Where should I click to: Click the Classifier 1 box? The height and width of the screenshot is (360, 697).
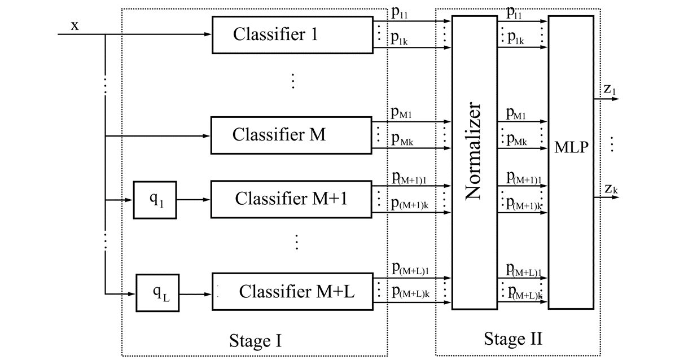(x=292, y=35)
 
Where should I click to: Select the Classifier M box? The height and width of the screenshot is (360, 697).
(x=291, y=135)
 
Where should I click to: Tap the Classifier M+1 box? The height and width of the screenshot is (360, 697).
(x=291, y=199)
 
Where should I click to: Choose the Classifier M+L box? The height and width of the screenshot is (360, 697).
(x=292, y=292)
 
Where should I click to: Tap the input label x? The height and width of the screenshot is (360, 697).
(x=74, y=25)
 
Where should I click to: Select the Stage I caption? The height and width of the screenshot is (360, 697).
(x=255, y=341)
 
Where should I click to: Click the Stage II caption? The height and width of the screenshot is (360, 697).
(x=513, y=339)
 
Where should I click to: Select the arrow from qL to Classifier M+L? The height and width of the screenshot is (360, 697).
(x=195, y=293)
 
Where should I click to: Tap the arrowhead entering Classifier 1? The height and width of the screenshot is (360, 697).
(x=208, y=35)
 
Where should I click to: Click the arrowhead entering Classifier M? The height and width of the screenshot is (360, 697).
(x=207, y=135)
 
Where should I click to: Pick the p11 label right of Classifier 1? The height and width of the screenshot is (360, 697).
(x=400, y=14)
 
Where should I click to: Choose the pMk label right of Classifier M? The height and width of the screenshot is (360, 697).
(x=401, y=141)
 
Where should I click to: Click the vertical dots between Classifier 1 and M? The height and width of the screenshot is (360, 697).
(x=293, y=81)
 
